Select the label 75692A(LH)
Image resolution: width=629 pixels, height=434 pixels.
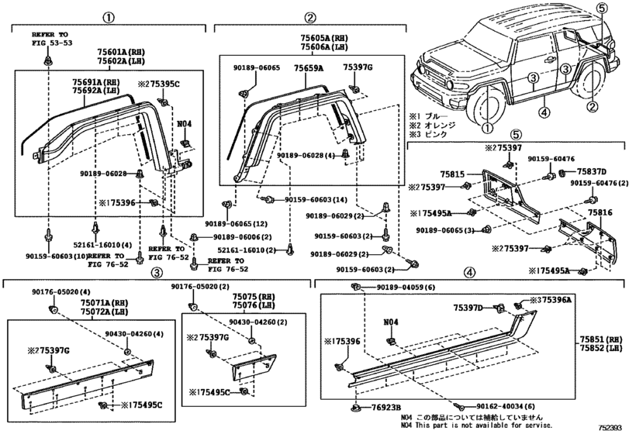tap(92, 91)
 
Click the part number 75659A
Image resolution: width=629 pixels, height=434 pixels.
tap(308, 68)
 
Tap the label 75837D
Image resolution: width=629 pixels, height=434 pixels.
tap(592, 170)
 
